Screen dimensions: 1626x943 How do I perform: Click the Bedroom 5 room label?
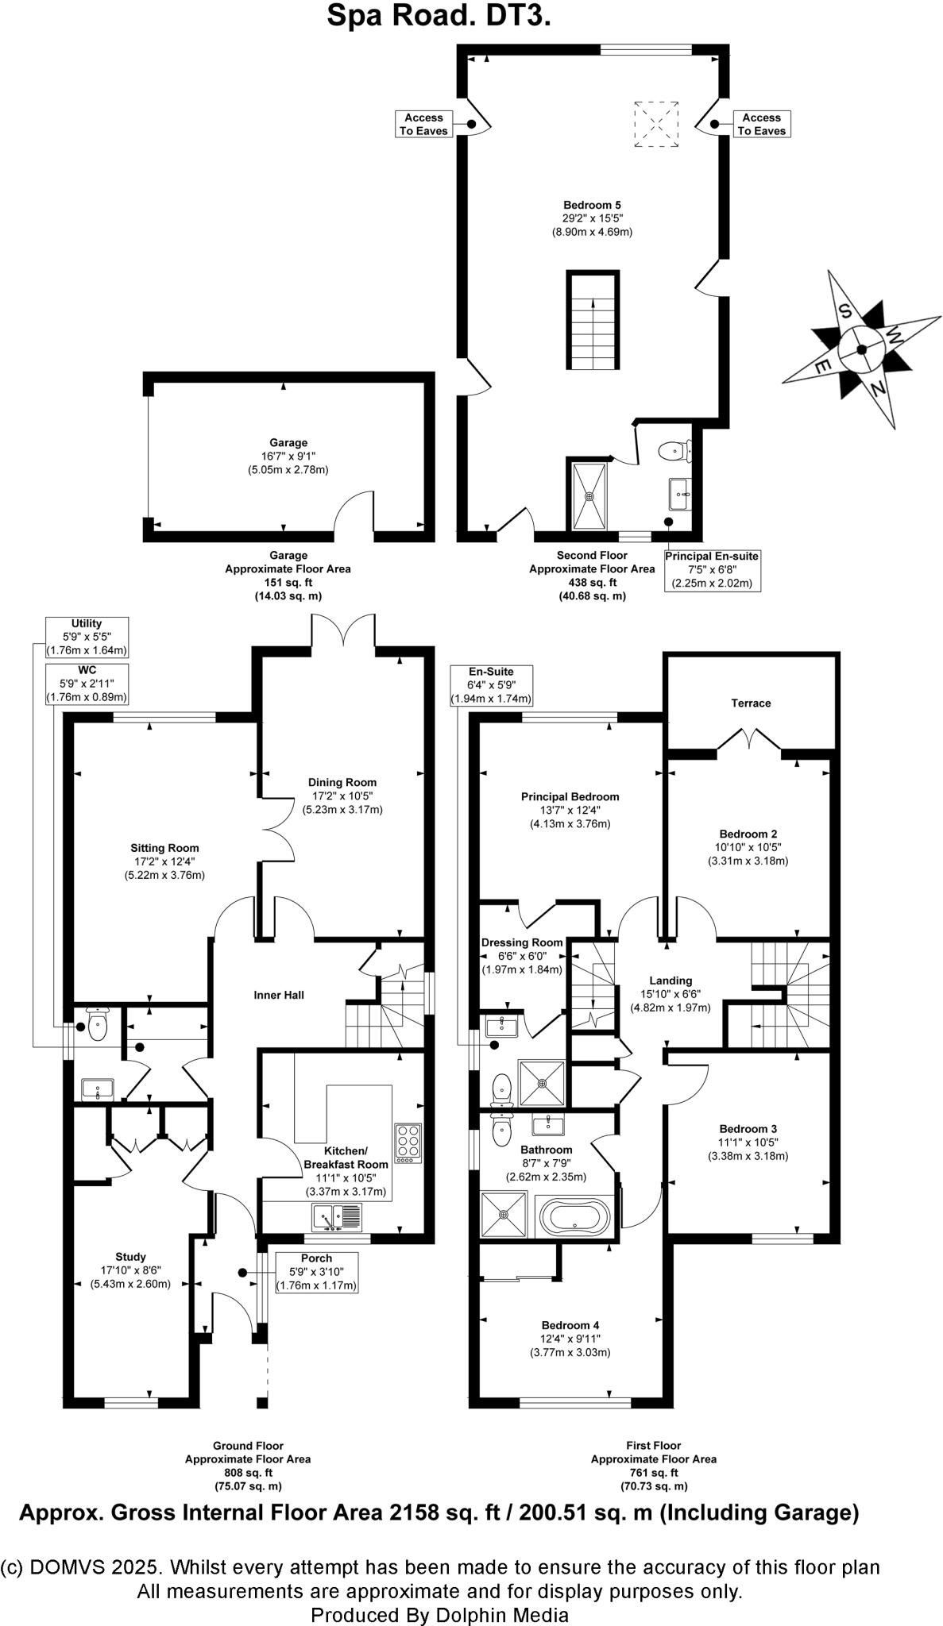coord(591,205)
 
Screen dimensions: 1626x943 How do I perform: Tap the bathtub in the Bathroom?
coord(574,1216)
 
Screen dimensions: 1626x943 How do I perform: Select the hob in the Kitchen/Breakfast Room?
coord(408,1143)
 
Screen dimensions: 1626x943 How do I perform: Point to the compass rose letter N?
coord(878,388)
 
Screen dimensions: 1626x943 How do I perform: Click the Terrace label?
coord(751,703)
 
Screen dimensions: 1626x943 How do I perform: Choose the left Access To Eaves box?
coord(424,124)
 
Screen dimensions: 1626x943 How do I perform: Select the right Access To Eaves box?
coord(761,124)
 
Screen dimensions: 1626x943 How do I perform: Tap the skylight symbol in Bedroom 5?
coord(656,124)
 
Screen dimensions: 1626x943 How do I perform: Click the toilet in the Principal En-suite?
coord(674,451)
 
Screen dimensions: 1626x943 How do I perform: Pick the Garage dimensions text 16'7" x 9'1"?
coord(288,457)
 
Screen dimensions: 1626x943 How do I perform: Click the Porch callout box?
coord(316,1272)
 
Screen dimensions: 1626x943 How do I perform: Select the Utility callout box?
coord(87,637)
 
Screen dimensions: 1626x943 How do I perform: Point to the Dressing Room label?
coord(522,942)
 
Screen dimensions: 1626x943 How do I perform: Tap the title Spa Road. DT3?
coord(439,16)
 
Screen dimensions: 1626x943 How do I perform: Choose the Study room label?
coord(130,1257)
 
